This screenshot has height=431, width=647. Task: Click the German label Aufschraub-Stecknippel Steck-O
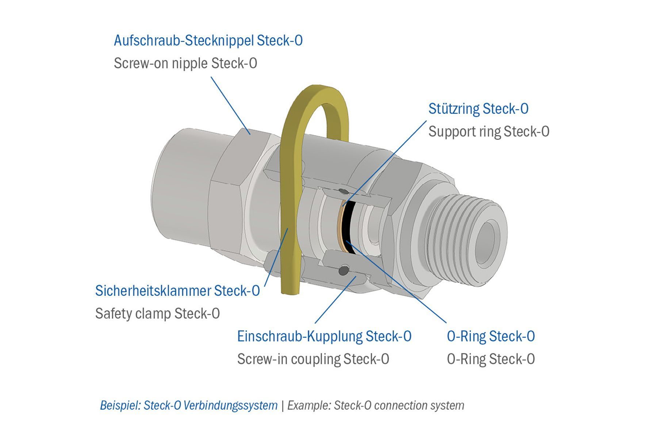208,41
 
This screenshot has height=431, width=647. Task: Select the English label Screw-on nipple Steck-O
185,64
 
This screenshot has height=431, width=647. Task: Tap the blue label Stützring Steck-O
478,109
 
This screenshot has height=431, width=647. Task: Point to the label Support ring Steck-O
489,132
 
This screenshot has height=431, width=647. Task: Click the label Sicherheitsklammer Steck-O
177,291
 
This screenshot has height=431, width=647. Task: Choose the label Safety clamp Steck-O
157,314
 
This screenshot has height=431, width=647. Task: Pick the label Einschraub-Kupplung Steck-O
324,336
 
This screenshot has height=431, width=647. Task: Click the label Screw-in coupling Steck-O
313,359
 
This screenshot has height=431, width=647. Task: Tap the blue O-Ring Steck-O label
491,336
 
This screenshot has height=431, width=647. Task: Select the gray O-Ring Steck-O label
491,359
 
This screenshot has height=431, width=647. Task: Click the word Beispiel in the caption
120,405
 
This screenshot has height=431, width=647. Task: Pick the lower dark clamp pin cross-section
344,270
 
